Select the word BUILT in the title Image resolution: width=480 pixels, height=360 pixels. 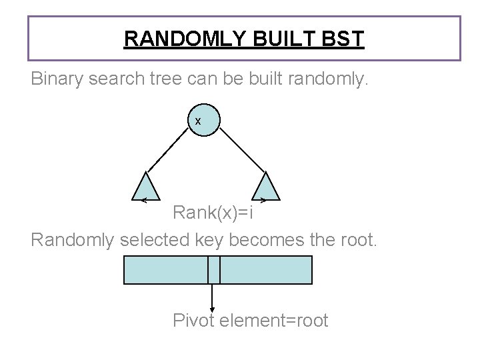279,39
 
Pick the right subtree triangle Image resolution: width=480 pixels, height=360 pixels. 266,187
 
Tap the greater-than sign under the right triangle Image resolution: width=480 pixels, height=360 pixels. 263,199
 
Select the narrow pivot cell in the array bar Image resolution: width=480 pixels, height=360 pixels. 213,270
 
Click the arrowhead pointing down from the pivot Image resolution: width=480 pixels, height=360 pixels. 212,309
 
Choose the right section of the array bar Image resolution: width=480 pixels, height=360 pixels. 266,270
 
